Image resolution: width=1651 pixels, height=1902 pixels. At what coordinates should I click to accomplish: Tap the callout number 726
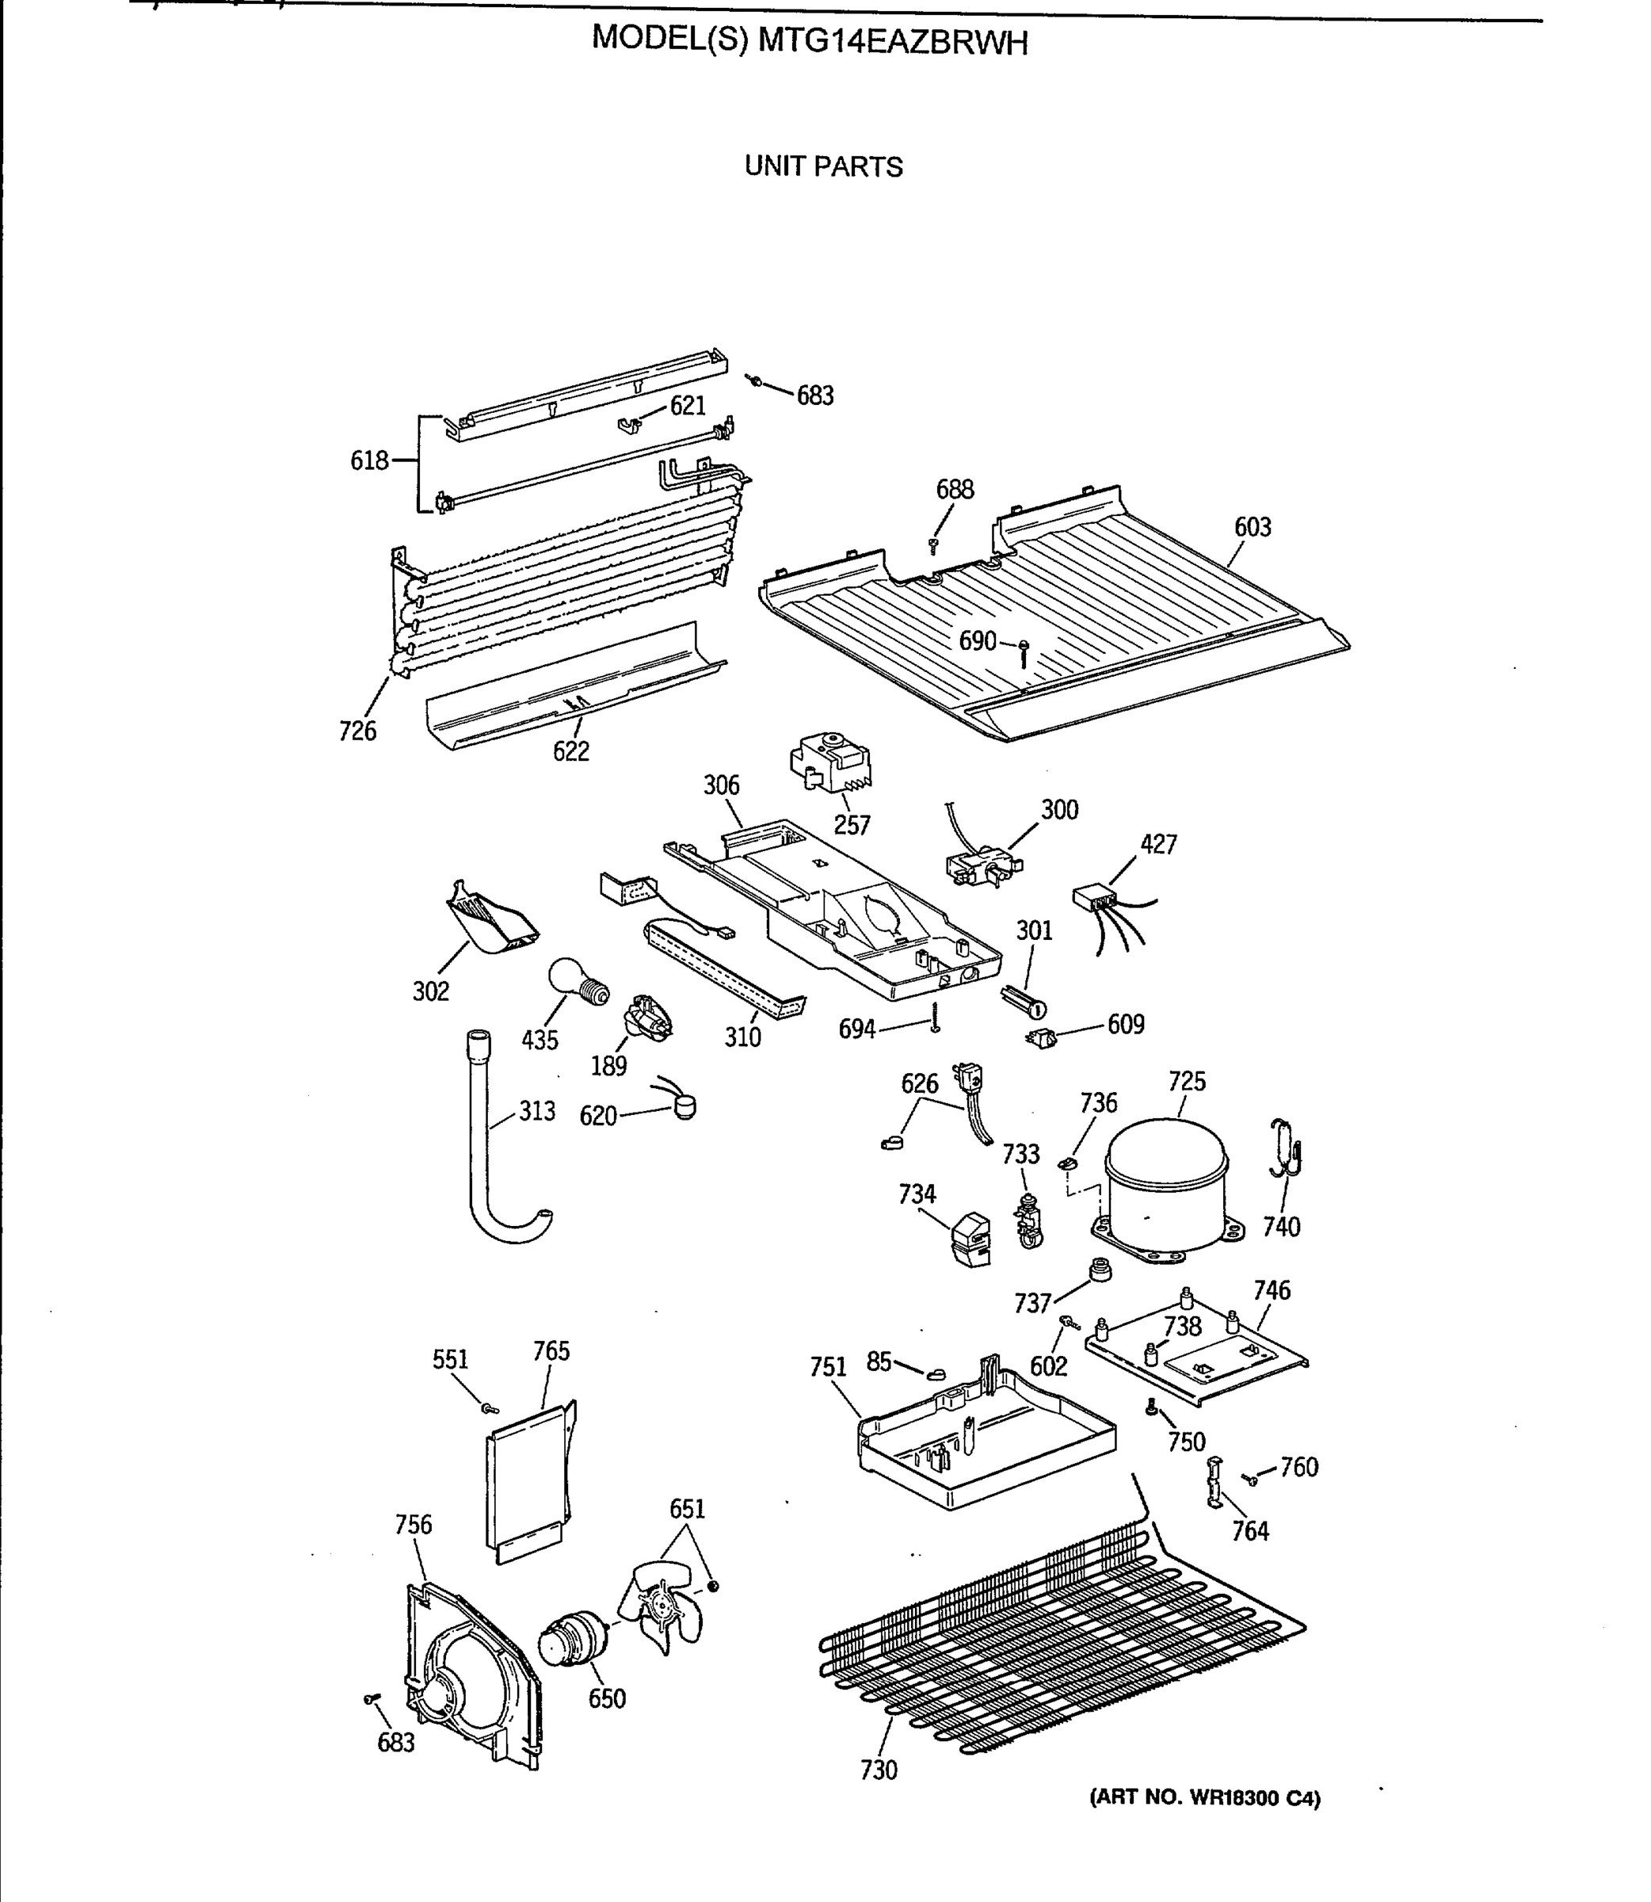(357, 731)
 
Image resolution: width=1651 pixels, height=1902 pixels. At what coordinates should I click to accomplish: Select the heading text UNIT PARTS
(824, 166)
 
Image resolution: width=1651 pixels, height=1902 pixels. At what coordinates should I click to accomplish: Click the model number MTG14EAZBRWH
(892, 41)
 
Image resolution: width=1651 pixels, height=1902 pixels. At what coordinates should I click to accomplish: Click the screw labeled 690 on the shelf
(1023, 652)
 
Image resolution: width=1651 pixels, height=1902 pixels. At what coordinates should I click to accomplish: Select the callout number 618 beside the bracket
(369, 460)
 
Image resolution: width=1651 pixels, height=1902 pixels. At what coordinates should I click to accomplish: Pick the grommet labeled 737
(1098, 1270)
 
